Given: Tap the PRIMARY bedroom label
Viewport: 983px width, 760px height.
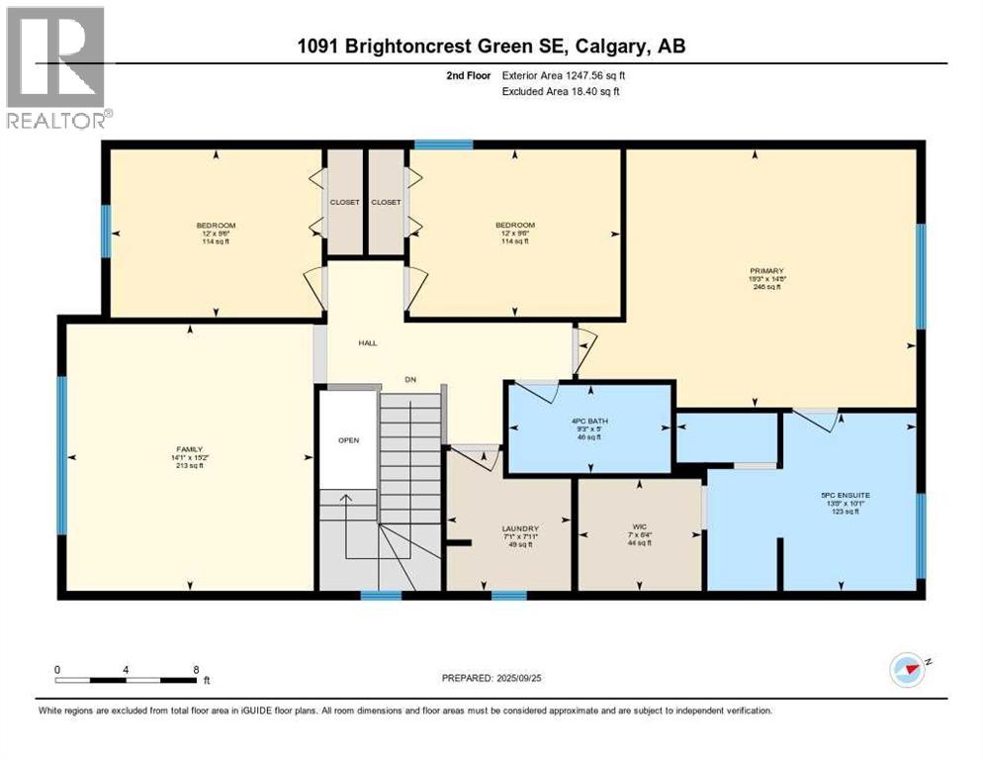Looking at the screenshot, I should (766, 270).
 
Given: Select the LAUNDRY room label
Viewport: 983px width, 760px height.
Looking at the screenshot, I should (519, 528).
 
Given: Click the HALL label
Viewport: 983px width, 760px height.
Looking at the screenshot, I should (368, 343).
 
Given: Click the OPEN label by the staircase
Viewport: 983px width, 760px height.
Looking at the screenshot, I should (348, 440).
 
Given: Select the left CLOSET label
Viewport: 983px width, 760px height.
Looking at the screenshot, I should (345, 202).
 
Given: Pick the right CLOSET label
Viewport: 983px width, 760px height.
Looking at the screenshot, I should (386, 202).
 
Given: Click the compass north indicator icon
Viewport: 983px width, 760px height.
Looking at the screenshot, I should (907, 670).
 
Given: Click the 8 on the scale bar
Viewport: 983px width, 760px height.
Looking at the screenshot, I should (196, 669).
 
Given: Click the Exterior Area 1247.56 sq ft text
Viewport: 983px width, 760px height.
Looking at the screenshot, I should (564, 75).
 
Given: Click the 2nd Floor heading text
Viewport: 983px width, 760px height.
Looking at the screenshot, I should (468, 75).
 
